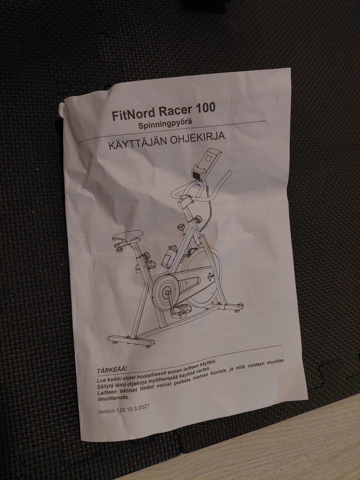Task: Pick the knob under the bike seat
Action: click(x=119, y=248)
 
